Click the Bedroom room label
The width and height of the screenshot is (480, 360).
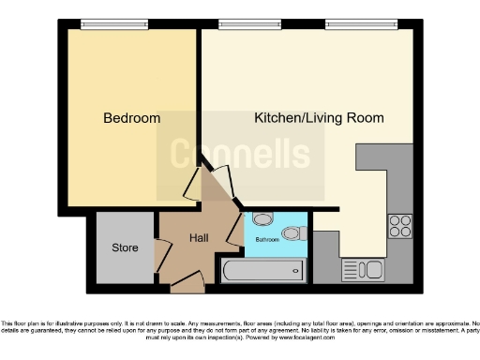coord(131,119)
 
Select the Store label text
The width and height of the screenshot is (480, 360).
coord(125,248)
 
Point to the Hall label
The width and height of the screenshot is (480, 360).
coord(199,239)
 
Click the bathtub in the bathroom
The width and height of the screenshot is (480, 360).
coord(263,272)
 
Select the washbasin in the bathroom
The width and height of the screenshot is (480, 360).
coord(262,220)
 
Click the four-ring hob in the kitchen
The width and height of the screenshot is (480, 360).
coord(400,226)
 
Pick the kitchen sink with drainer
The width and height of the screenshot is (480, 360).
coord(364,270)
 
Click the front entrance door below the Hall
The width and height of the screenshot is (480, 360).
coord(187,279)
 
